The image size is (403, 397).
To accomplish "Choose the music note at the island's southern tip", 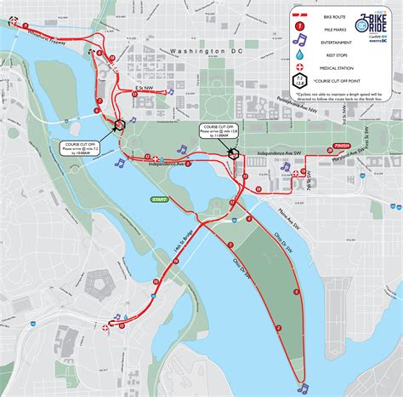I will [303, 388].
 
